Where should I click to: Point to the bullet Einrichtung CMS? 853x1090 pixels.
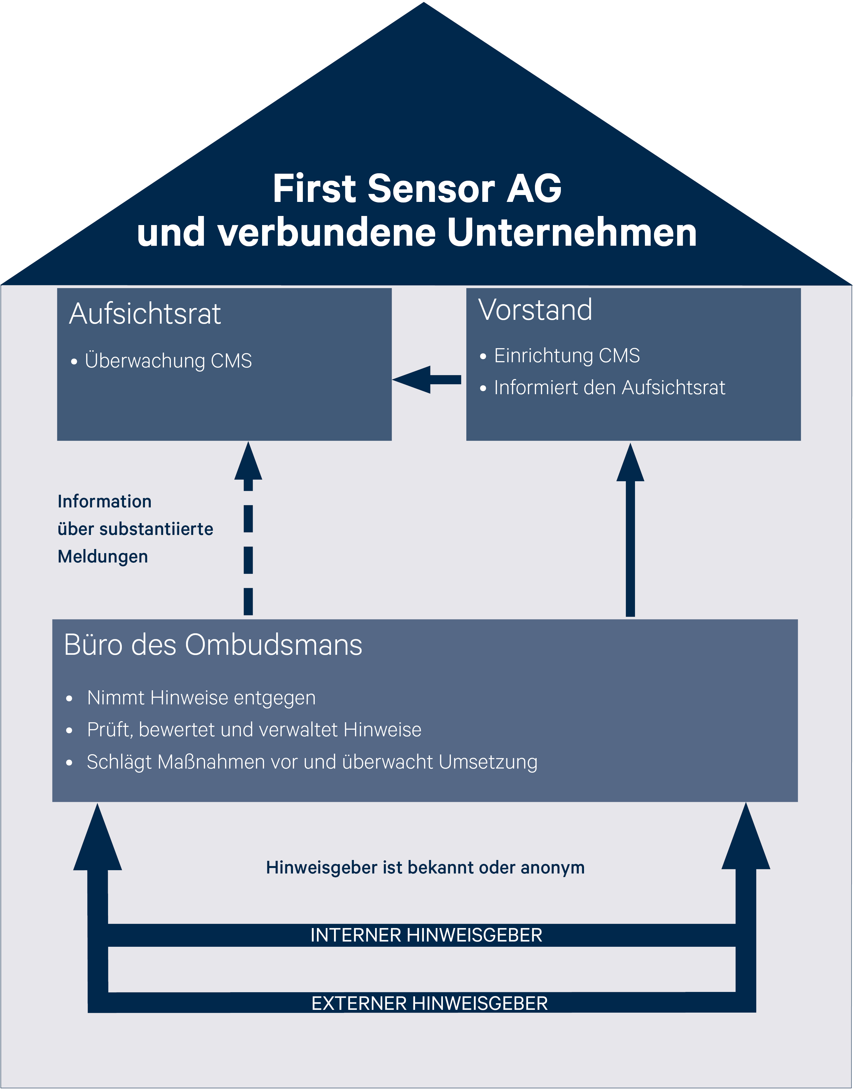point(567,355)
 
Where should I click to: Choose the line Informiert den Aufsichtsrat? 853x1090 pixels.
point(609,387)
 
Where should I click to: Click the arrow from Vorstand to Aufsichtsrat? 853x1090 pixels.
point(427,380)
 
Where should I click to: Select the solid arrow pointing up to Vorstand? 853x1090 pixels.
point(630,530)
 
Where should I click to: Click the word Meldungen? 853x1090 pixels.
point(103,556)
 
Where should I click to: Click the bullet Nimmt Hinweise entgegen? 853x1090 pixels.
point(201,698)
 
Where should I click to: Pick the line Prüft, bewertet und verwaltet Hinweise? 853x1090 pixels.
point(254,730)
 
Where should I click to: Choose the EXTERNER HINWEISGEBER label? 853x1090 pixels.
point(429,1003)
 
